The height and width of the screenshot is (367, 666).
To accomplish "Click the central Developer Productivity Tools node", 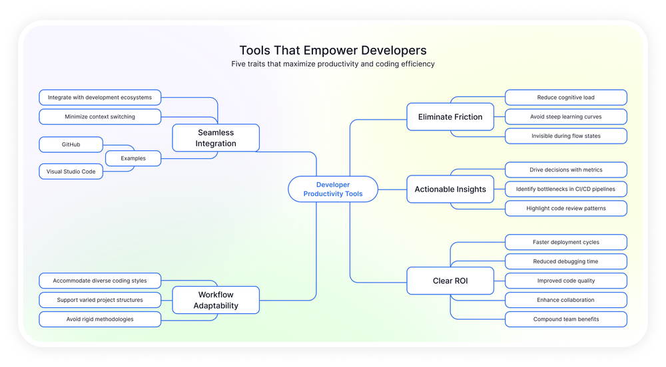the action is [333, 189].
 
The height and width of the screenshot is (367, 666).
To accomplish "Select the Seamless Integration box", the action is [216, 138].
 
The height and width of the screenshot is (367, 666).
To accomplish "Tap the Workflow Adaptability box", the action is [216, 300].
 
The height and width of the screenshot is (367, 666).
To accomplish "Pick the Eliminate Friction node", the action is [450, 116].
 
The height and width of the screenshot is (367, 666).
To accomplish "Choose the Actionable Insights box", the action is [450, 189].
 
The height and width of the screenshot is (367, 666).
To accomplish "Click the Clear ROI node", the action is [450, 281].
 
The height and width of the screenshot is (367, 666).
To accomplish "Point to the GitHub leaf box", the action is [71, 144].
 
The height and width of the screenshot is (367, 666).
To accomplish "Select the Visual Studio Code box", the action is [71, 172].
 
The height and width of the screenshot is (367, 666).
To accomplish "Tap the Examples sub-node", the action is [133, 158].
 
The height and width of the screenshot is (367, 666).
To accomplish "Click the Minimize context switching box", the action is [100, 116].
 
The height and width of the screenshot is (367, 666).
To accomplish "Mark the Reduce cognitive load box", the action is [565, 98].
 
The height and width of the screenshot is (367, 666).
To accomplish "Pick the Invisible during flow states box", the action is [565, 136].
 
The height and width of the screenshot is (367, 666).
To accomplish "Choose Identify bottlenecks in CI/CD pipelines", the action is [565, 189].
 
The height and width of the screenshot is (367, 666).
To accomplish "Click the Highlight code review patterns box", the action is [565, 208].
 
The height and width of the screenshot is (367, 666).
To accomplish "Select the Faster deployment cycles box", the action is [565, 242].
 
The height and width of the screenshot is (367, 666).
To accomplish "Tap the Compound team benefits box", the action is [565, 319].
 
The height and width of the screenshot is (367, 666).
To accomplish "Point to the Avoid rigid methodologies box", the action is [100, 319].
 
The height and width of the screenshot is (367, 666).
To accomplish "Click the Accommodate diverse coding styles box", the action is [100, 281].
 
